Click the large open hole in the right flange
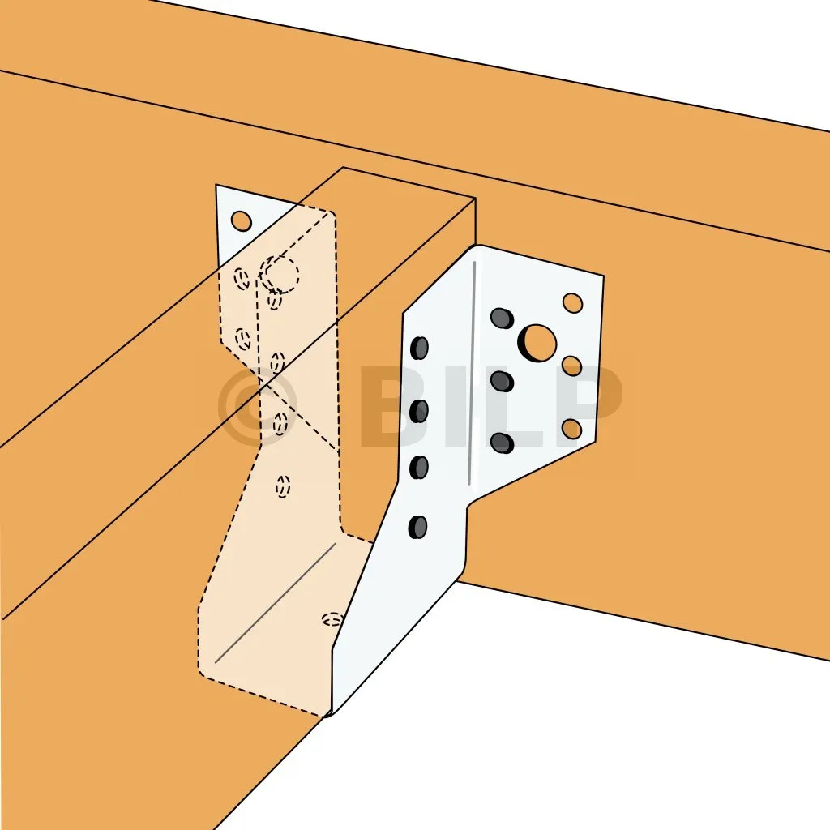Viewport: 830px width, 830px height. [539, 343]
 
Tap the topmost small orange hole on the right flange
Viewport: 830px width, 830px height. [572, 303]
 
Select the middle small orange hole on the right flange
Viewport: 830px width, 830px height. [571, 366]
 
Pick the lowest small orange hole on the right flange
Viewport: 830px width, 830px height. [571, 429]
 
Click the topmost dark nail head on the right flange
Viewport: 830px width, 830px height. [502, 318]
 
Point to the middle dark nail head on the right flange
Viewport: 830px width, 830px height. [502, 381]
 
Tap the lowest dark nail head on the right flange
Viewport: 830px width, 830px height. [502, 443]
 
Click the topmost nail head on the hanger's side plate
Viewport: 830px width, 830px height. [419, 348]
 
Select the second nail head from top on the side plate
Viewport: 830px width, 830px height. [419, 411]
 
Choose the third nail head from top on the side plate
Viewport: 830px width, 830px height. [419, 468]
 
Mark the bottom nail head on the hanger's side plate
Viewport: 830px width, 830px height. [417, 527]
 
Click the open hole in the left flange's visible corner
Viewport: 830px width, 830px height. [242, 220]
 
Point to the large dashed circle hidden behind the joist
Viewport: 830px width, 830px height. [281, 275]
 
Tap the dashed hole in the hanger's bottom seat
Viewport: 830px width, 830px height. [332, 618]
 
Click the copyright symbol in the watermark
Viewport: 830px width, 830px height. [257, 406]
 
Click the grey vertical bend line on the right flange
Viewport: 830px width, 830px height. [473, 373]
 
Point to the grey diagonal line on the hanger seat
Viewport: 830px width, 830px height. [276, 602]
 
